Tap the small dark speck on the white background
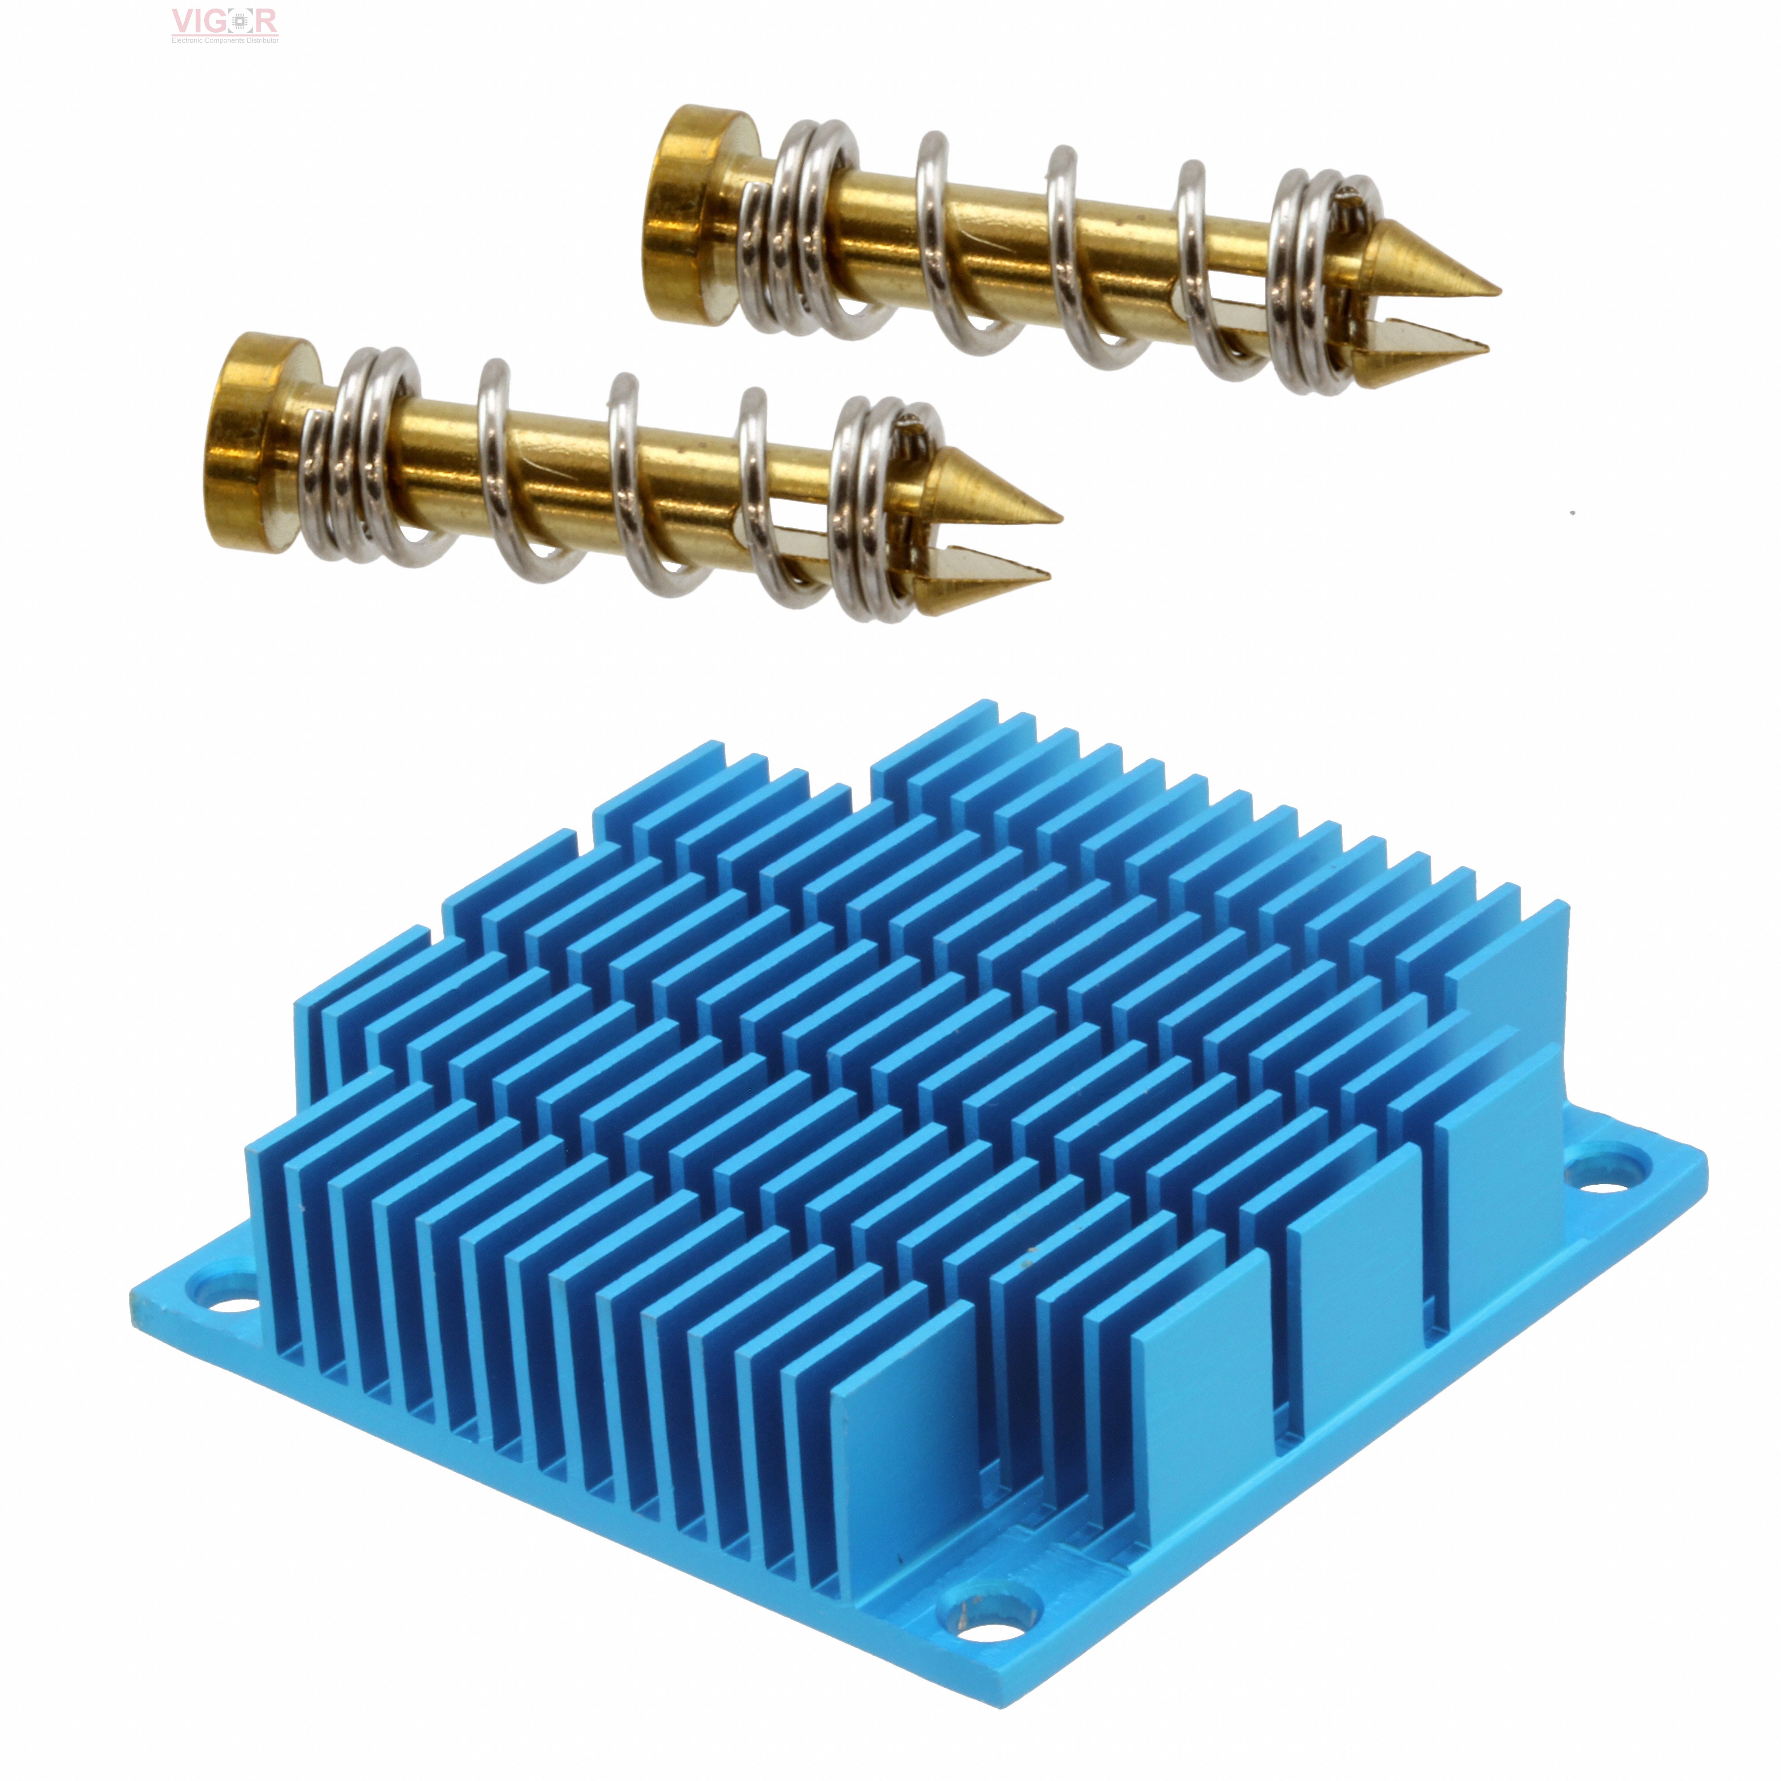(1573, 513)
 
